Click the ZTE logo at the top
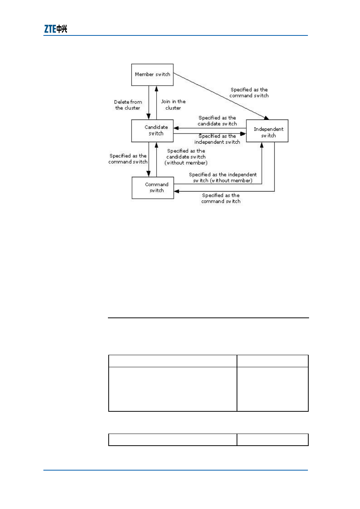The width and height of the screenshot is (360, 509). click(55, 29)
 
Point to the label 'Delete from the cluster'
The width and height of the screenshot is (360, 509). click(128, 105)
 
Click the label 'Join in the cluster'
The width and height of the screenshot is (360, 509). click(173, 105)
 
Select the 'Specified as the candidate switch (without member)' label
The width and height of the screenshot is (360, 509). click(186, 157)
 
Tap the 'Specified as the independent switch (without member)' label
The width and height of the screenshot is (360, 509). click(223, 178)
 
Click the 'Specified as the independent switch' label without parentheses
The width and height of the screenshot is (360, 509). click(217, 139)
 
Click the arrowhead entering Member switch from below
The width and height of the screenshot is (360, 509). click(156, 89)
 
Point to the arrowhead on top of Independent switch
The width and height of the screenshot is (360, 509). click(266, 118)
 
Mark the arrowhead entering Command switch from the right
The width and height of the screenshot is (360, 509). click(177, 191)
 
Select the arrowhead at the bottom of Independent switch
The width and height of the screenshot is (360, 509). click(262, 145)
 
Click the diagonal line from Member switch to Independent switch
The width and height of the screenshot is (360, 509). click(221, 96)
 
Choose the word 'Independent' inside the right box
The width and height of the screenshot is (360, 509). click(268, 129)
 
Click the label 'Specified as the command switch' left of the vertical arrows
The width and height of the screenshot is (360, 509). click(128, 159)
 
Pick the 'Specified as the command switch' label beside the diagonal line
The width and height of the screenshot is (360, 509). click(249, 92)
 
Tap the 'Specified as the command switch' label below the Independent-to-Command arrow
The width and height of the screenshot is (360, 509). click(221, 198)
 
